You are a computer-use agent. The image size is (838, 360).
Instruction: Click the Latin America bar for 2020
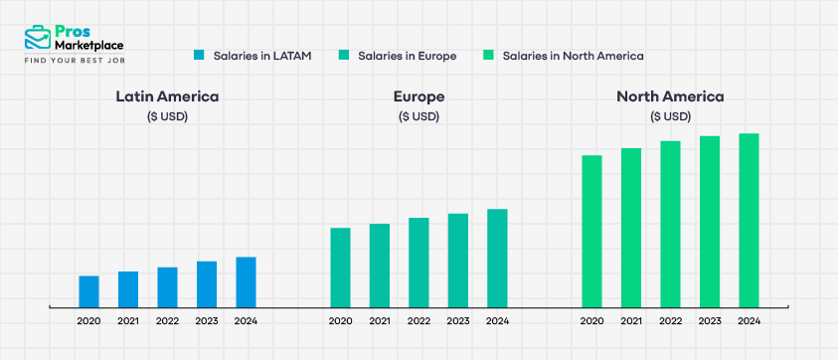[88, 291]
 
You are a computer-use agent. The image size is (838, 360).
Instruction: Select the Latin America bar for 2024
[246, 282]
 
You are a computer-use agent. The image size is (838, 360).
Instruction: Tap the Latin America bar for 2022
[167, 287]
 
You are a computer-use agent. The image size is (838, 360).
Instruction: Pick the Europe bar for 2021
[380, 266]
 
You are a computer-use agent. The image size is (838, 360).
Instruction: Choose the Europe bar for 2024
[497, 259]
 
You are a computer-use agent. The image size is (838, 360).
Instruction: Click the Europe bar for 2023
[457, 261]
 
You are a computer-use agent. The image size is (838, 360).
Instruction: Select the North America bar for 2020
[592, 232]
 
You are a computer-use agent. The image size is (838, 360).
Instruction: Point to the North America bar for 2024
[749, 221]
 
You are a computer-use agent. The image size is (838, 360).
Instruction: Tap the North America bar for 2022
[671, 225]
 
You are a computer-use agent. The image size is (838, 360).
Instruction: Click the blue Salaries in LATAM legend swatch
[199, 56]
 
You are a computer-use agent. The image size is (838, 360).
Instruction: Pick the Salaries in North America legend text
[574, 56]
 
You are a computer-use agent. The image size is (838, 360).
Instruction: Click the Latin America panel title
[167, 96]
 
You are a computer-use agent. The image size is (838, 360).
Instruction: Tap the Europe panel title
[419, 96]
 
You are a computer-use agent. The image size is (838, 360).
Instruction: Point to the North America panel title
[670, 96]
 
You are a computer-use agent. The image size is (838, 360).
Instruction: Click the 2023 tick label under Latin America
[206, 321]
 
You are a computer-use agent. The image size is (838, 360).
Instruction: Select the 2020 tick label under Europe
[340, 321]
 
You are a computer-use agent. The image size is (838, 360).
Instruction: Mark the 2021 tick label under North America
[631, 321]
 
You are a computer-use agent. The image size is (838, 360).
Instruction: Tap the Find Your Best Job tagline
[74, 61]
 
